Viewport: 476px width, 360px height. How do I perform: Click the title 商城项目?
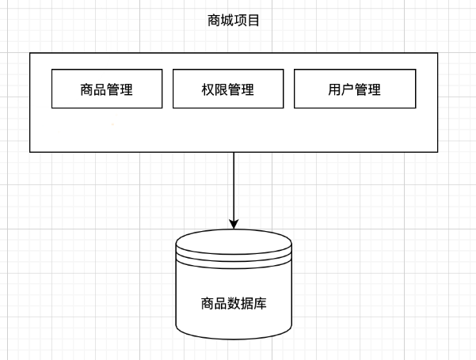pos(233,21)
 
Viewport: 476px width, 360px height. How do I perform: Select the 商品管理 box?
pos(106,89)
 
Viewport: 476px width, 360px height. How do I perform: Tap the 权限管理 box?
pos(228,89)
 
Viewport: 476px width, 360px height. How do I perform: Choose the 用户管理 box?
pos(354,89)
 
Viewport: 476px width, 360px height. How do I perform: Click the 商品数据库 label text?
pos(234,302)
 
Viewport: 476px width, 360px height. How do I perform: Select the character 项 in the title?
pos(240,21)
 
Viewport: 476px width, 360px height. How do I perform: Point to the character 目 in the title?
pos(253,21)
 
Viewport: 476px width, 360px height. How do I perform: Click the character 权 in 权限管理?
pos(208,89)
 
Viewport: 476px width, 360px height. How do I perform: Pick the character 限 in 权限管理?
pos(221,89)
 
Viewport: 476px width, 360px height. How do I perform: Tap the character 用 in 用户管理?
pos(334,89)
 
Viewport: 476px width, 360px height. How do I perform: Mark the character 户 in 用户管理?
pos(347,89)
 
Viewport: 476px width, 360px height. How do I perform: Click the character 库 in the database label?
pos(260,302)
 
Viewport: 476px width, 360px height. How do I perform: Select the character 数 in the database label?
pos(234,302)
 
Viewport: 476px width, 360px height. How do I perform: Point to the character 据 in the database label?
pos(246,302)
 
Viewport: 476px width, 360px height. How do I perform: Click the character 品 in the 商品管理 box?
pos(100,89)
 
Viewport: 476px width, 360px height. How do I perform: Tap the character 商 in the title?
pos(213,21)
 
